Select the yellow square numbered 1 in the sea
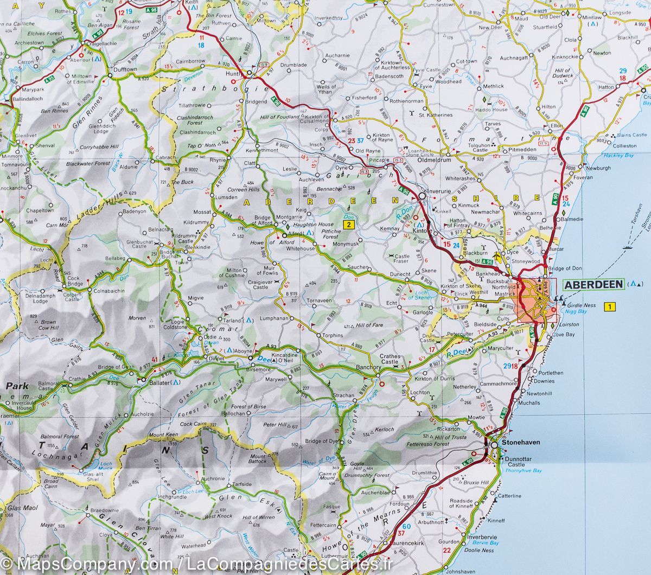611,308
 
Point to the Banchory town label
367,367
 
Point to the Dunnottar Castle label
515,462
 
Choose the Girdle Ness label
580,305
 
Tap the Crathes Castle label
390,359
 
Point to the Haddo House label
493,110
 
